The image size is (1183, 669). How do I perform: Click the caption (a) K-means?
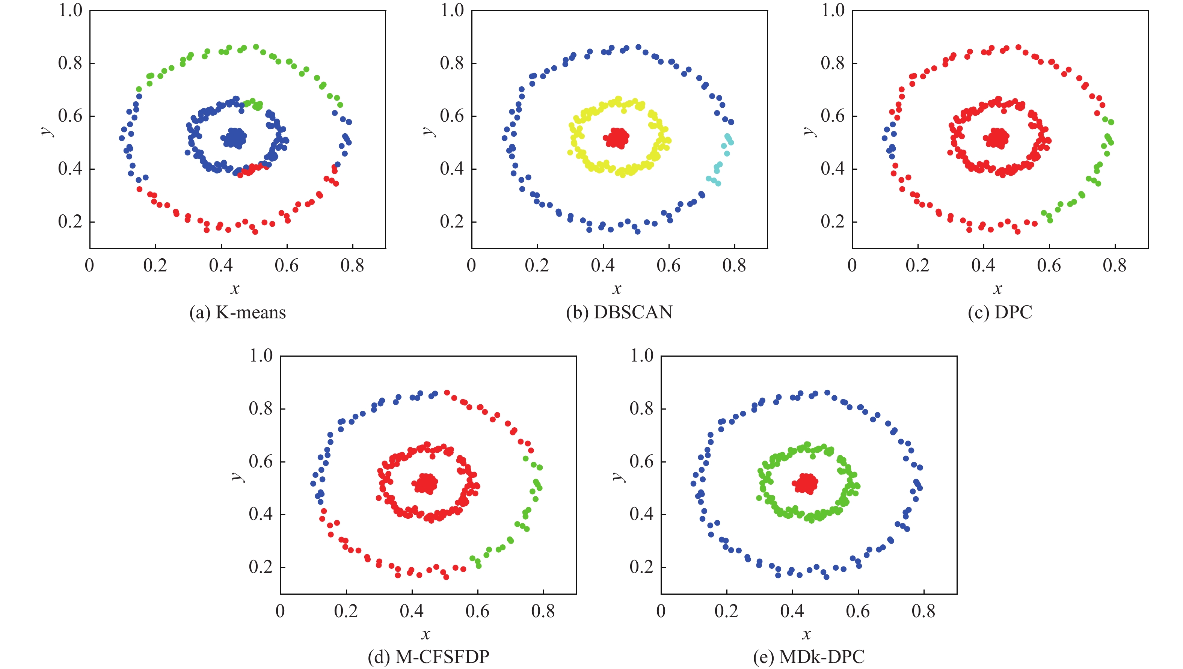pos(238,312)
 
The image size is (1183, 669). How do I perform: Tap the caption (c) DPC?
pos(1000,312)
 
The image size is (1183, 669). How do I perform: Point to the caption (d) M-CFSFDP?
pos(429,657)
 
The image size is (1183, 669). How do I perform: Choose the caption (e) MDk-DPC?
pos(809,657)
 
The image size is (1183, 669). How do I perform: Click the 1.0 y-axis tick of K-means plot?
pos(70,10)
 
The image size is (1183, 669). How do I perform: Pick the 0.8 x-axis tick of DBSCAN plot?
pos(734,265)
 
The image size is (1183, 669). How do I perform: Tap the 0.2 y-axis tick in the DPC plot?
pos(832,221)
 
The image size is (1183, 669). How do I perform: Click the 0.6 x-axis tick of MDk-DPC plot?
pos(858,611)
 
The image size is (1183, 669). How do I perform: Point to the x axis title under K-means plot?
pos(235,289)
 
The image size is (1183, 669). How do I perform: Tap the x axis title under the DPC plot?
pos(997,289)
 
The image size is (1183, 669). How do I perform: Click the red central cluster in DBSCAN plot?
pos(618,137)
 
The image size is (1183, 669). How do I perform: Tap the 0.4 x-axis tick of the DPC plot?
pos(984,265)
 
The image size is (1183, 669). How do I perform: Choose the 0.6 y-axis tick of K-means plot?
pos(70,116)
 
